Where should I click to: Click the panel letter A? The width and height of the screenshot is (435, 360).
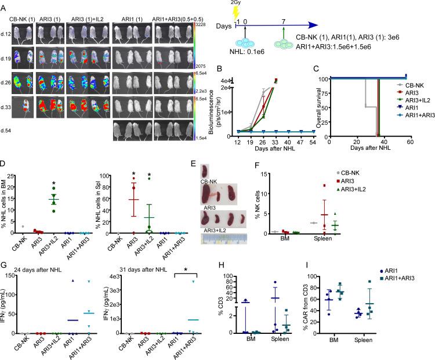(5, 5)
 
